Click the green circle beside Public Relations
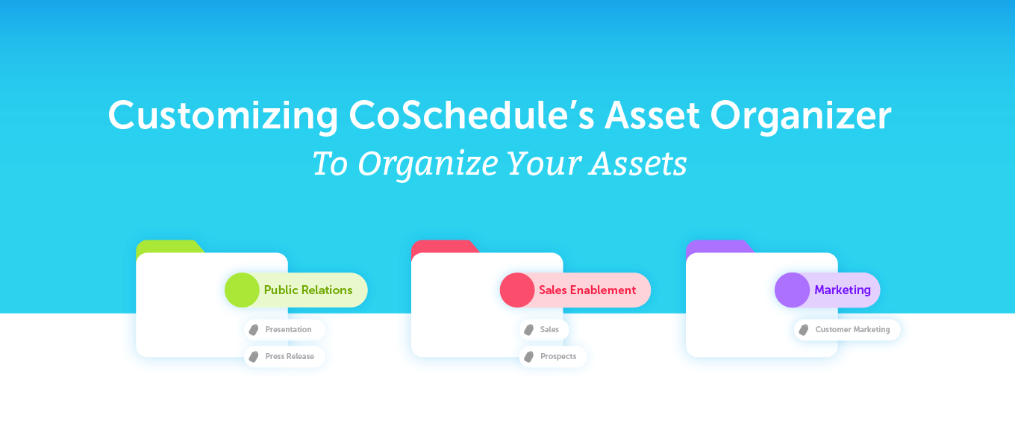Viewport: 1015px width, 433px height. pos(242,290)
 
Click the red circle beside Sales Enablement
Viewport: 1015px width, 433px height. pos(517,290)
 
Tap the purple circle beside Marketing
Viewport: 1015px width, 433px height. pos(792,290)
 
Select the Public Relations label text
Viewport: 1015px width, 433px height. pos(308,290)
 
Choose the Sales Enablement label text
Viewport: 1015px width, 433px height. pos(587,290)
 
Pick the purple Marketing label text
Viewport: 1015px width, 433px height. pos(843,290)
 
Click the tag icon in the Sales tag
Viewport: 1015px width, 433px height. pos(529,330)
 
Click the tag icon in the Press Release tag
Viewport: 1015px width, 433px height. pos(254,357)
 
